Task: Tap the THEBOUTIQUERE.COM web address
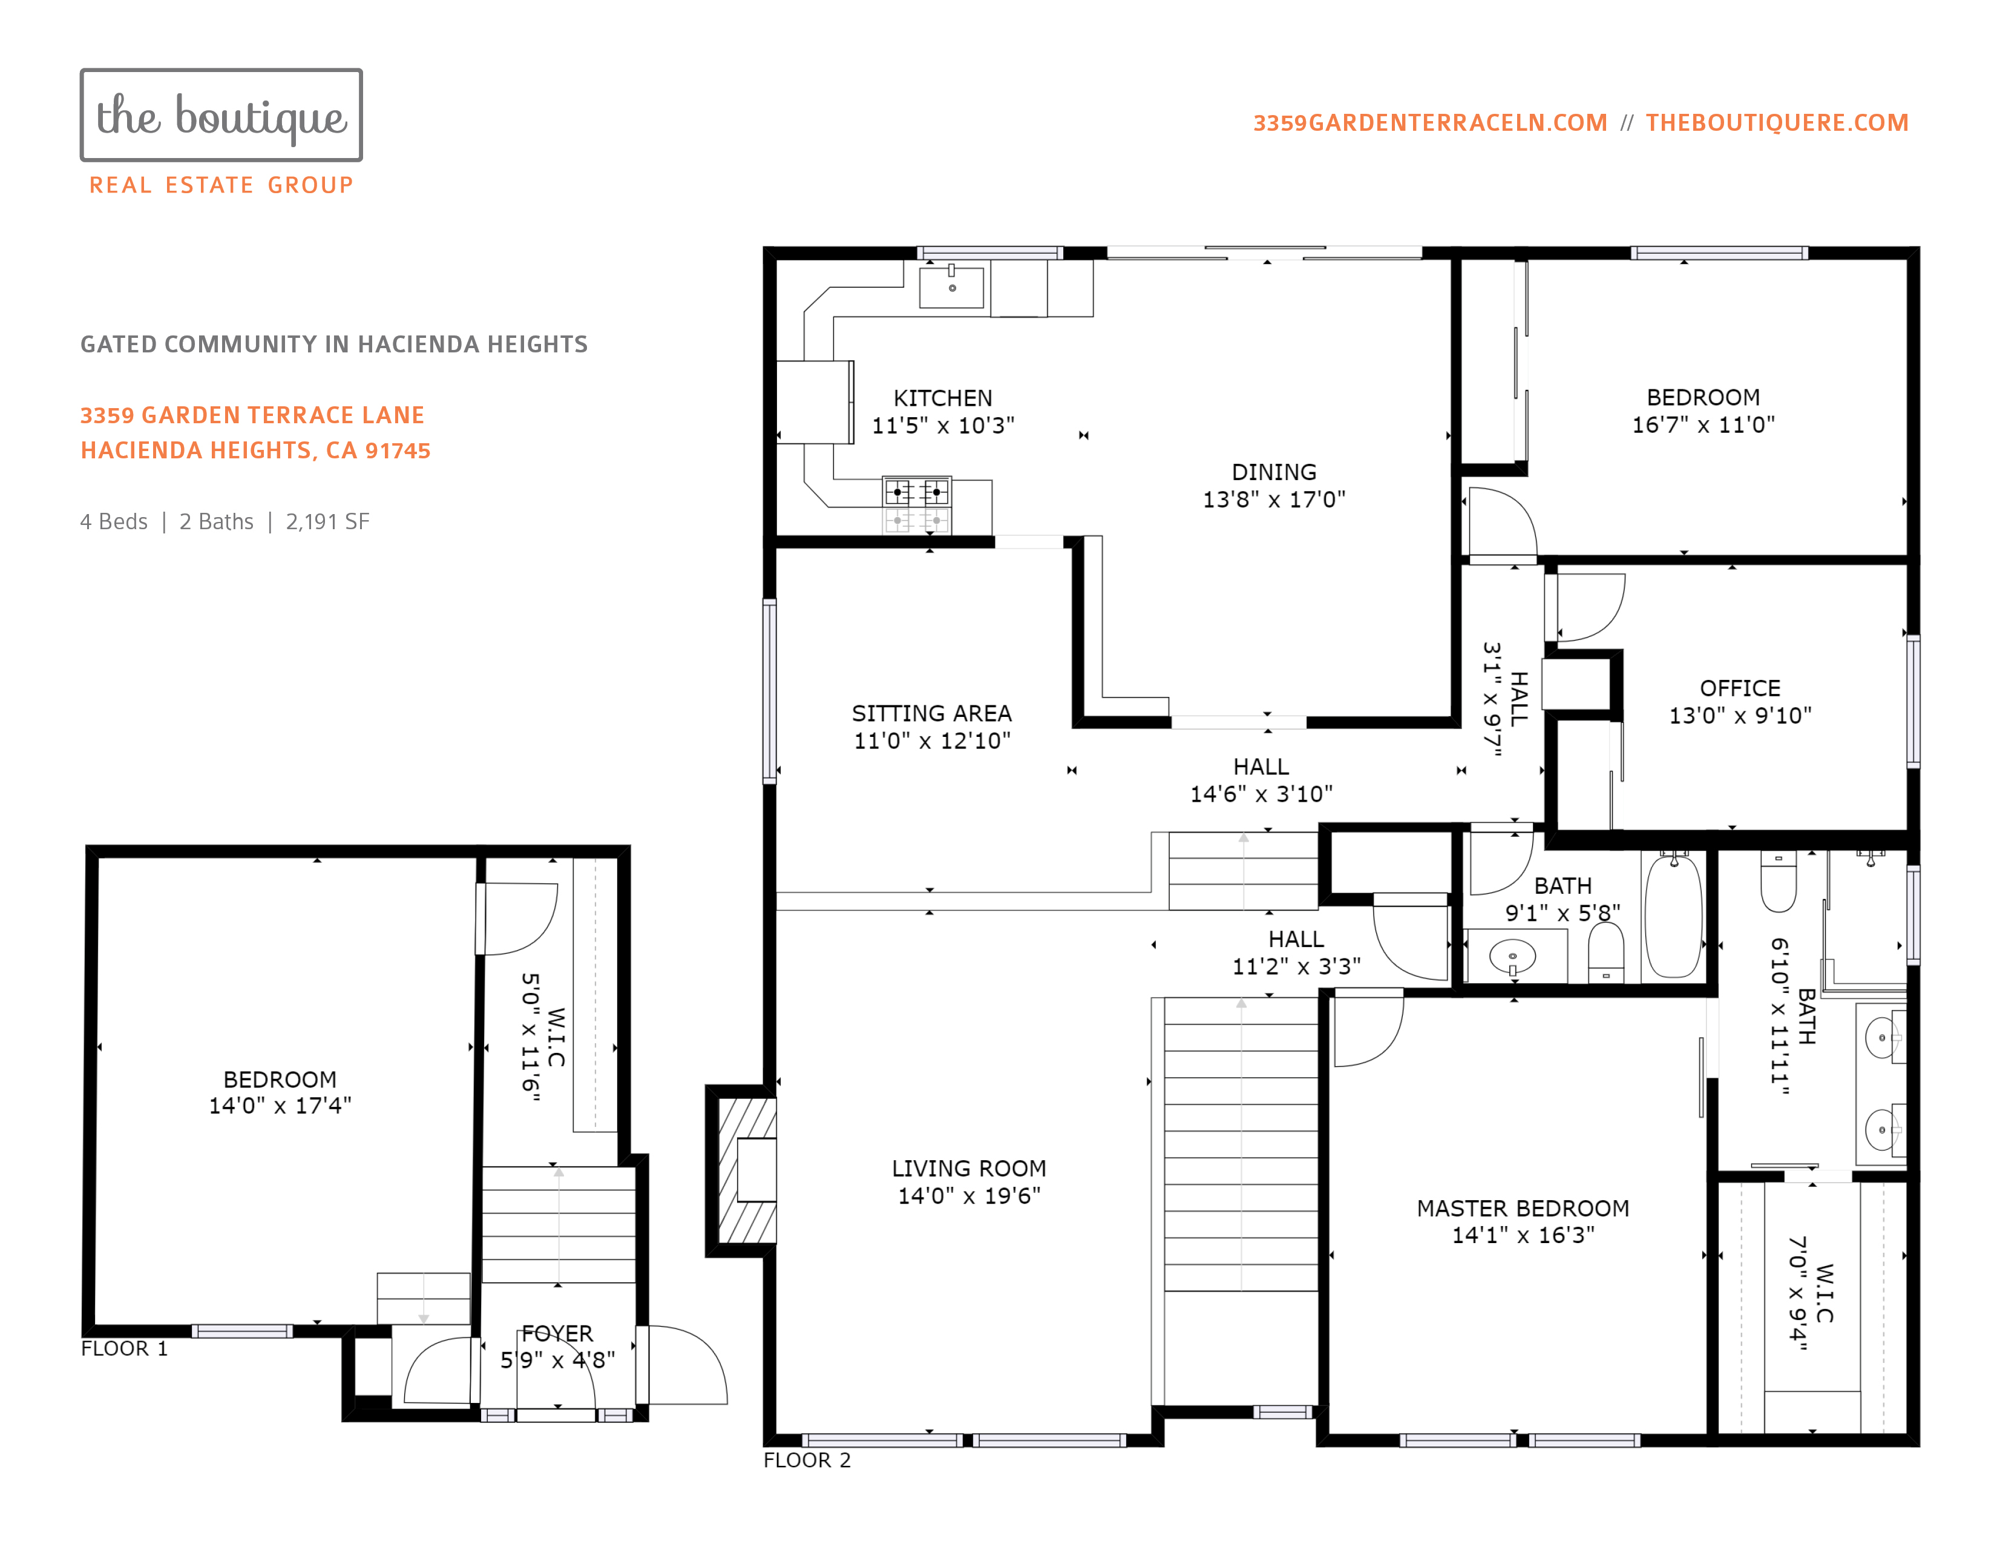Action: tap(1777, 122)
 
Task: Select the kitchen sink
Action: tap(952, 286)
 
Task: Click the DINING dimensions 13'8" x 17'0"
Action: tap(1274, 500)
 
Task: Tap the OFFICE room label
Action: tap(1740, 688)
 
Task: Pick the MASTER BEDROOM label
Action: tap(1523, 1209)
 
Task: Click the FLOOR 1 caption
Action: tap(124, 1348)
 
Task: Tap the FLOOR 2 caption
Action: tap(807, 1460)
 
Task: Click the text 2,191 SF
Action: tap(327, 521)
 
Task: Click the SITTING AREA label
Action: tap(932, 713)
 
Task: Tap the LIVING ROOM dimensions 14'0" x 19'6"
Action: tap(969, 1195)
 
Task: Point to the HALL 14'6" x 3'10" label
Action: tap(1261, 780)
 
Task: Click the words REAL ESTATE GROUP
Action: tap(221, 186)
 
